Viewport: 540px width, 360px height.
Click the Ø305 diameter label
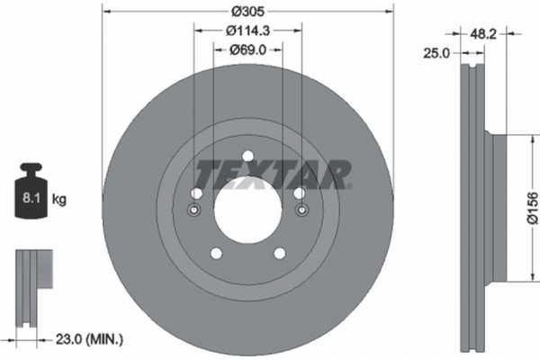(248, 12)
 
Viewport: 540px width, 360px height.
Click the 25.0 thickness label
(437, 54)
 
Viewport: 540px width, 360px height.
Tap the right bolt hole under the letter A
(298, 193)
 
